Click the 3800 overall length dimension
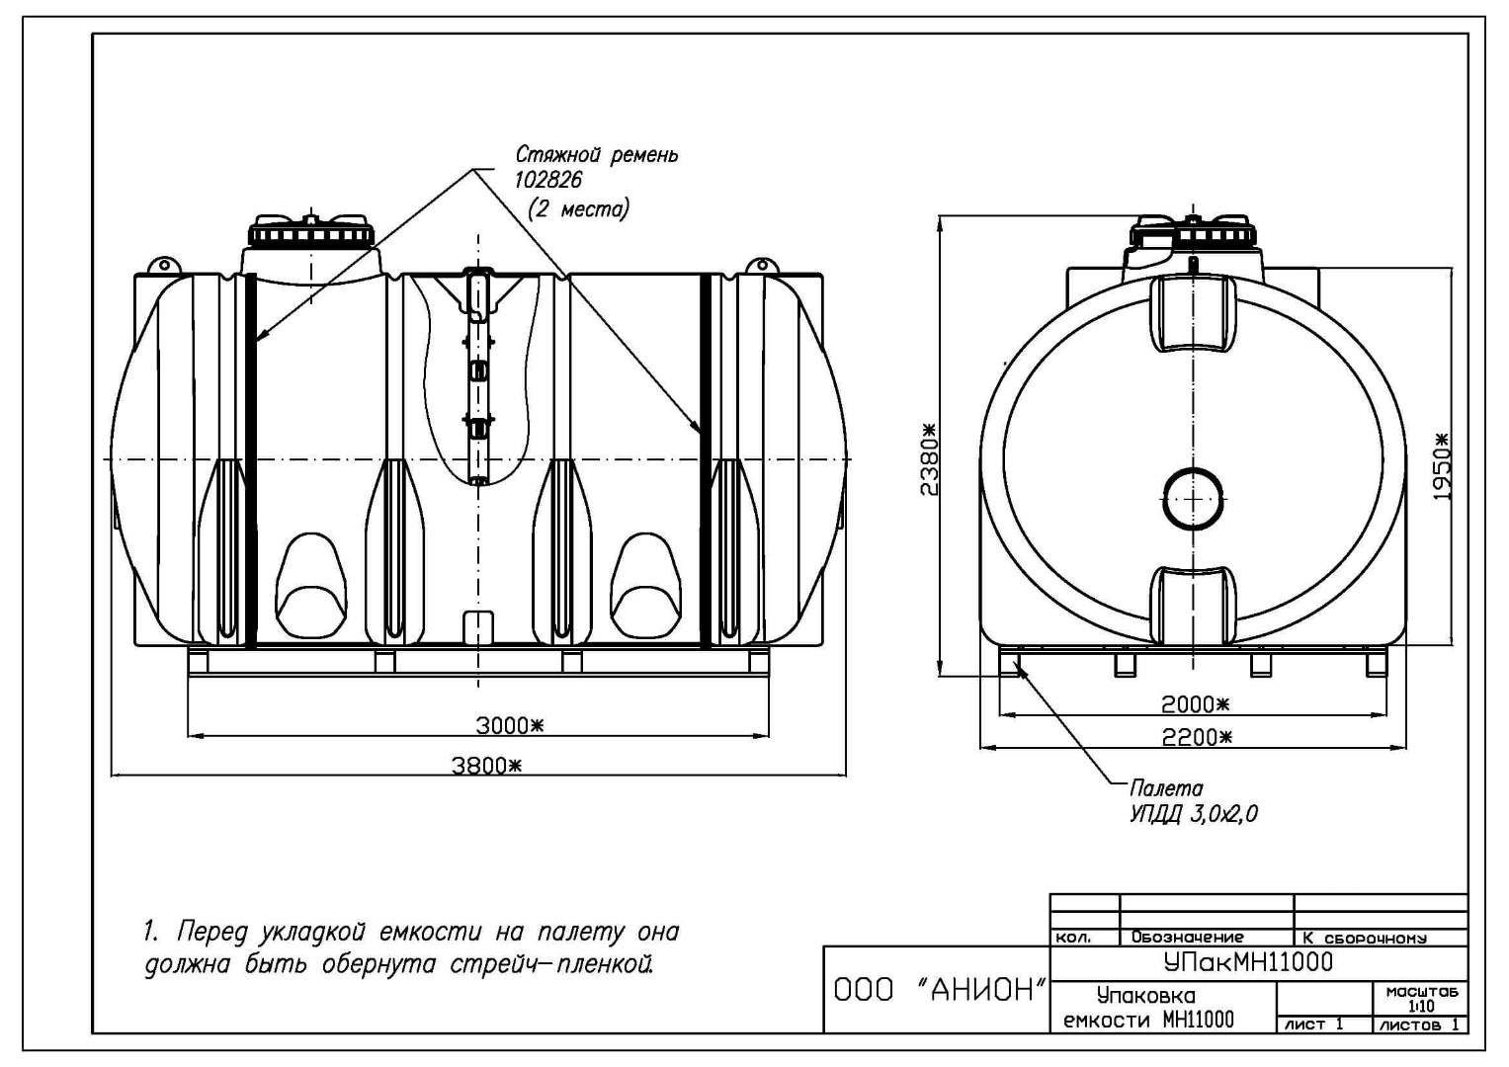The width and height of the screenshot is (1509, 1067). (486, 766)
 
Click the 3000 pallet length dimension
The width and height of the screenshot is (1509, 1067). (509, 725)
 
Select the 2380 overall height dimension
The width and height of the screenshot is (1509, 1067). (929, 459)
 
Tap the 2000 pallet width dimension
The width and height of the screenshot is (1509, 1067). (1196, 704)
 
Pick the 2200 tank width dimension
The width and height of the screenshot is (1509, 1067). (1197, 738)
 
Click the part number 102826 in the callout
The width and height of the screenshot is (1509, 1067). (547, 181)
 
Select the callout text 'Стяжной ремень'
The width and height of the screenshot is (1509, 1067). (597, 155)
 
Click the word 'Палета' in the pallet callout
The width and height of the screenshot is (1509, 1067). (1165, 788)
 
